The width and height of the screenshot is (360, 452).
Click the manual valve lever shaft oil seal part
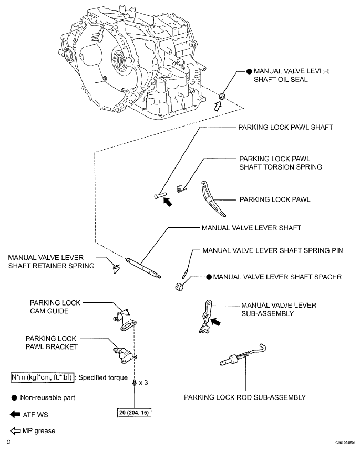[x=222, y=96]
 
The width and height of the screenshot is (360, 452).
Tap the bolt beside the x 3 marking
[x=135, y=384]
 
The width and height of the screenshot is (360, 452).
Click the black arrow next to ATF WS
[x=14, y=414]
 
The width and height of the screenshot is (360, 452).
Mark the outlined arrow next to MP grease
[x=14, y=430]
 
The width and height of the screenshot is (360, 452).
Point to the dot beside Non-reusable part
[x=14, y=397]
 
